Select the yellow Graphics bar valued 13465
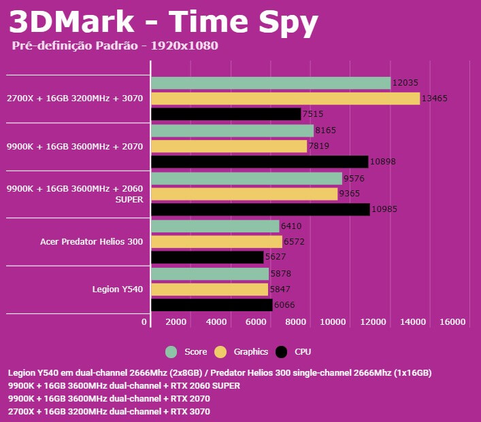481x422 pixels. [285, 99]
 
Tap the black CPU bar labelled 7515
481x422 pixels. [226, 114]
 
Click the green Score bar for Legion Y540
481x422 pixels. [210, 274]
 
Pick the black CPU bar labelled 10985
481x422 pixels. [261, 209]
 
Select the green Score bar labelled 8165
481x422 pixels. [232, 130]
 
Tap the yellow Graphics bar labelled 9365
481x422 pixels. [244, 194]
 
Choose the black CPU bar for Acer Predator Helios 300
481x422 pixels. [207, 258]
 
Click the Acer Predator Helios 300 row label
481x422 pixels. [91, 241]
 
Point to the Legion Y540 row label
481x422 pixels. [118, 289]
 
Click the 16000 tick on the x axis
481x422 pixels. [453, 322]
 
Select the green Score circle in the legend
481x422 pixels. [171, 352]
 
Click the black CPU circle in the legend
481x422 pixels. [282, 352]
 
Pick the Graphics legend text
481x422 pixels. [251, 352]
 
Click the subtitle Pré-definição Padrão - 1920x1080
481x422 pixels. [115, 46]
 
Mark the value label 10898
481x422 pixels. [383, 162]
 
